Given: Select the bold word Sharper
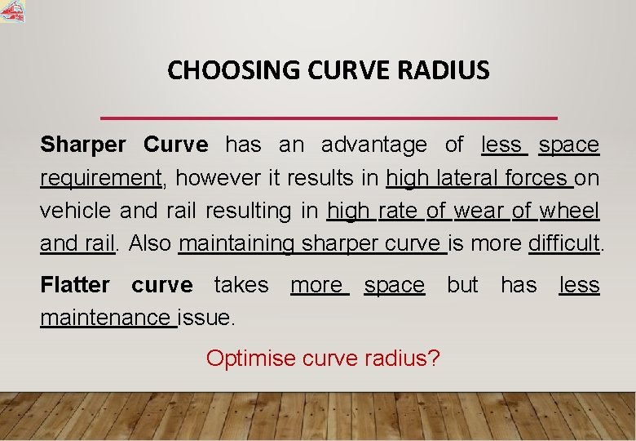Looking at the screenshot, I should point(83,145).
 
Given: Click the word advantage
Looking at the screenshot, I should point(373,145).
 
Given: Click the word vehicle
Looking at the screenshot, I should point(77,211).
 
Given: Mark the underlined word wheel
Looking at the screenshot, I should point(569,211).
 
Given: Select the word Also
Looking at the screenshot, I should point(150,243).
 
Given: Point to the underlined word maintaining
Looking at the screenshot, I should point(237,243).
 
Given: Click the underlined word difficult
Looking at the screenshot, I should point(565,243).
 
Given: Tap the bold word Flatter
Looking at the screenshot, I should point(75,285).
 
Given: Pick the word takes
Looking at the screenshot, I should point(241,285).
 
